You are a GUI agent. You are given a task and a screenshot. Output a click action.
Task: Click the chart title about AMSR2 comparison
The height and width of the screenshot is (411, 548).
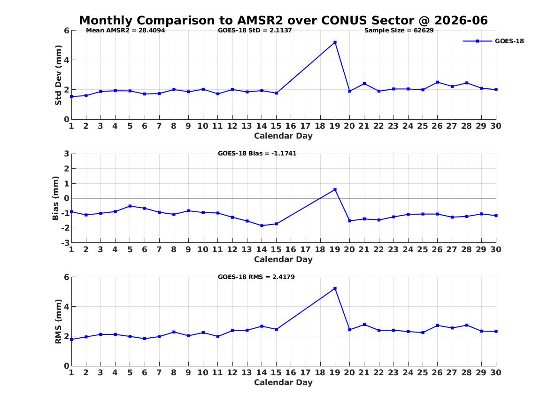point(283,20)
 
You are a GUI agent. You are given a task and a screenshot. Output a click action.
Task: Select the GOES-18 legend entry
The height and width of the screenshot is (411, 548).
point(493,41)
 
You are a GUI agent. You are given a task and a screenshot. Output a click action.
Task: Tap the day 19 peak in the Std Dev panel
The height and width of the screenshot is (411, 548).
point(335,42)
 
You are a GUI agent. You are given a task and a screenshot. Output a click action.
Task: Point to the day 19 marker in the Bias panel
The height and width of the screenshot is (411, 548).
point(335,189)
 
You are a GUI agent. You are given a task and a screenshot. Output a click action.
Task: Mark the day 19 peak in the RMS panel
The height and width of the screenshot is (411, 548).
point(335,288)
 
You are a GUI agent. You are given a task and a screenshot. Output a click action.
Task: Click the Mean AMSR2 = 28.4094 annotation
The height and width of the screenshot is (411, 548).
point(125,31)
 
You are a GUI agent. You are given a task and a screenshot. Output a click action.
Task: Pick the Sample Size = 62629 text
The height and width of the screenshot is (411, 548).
point(399,31)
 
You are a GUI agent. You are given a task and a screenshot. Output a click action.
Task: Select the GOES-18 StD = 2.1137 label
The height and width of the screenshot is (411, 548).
point(255,31)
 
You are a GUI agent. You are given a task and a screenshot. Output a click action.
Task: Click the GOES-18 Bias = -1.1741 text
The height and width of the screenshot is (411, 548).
point(257,154)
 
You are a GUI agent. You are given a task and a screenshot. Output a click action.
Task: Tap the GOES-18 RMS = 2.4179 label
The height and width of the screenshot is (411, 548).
point(256,277)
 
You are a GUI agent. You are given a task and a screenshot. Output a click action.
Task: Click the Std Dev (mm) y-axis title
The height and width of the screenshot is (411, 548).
point(58,75)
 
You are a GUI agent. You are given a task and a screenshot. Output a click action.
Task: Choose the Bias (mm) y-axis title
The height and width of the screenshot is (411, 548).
point(55,198)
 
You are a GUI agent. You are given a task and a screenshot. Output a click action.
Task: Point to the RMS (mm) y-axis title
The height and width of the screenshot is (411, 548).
point(58,322)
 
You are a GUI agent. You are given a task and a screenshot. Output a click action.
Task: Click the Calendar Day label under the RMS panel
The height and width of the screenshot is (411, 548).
point(283,382)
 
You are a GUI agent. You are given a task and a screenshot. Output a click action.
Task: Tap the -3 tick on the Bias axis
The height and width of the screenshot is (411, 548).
point(65,242)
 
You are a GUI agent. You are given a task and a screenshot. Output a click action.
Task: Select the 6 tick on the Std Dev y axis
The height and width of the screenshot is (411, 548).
point(67,31)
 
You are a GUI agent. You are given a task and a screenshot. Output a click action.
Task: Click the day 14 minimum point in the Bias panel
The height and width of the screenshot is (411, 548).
point(262,225)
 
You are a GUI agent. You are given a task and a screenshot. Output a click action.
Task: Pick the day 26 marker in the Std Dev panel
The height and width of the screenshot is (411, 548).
point(437,82)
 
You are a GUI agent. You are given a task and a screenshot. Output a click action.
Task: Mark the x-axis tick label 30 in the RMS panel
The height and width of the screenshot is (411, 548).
point(496,372)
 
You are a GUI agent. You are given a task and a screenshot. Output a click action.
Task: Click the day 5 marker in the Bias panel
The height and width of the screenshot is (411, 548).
point(130,206)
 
